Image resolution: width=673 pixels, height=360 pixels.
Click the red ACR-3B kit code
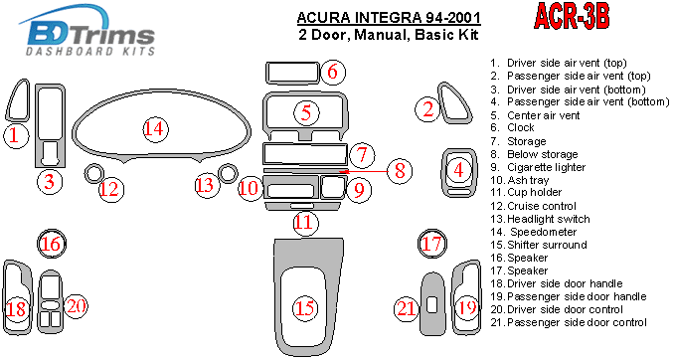(x=572, y=16)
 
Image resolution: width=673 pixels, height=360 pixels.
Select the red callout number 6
(x=332, y=72)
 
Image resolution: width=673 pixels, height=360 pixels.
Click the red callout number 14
(x=155, y=129)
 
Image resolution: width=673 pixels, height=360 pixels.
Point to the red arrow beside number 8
(x=367, y=171)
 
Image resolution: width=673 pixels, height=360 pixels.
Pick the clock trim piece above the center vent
(x=292, y=83)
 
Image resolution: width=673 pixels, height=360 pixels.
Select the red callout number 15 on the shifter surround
(x=305, y=307)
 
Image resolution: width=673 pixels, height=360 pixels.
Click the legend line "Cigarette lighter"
(x=538, y=167)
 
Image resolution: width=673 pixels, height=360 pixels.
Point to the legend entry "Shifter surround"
(x=539, y=245)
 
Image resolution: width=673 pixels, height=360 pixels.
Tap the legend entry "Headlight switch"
(x=541, y=219)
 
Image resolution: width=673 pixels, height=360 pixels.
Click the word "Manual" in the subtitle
(x=380, y=35)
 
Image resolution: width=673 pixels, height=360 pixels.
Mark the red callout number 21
(x=406, y=308)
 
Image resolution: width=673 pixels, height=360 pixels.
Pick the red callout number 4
(x=459, y=170)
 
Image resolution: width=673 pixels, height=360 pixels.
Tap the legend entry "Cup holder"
(x=526, y=193)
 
